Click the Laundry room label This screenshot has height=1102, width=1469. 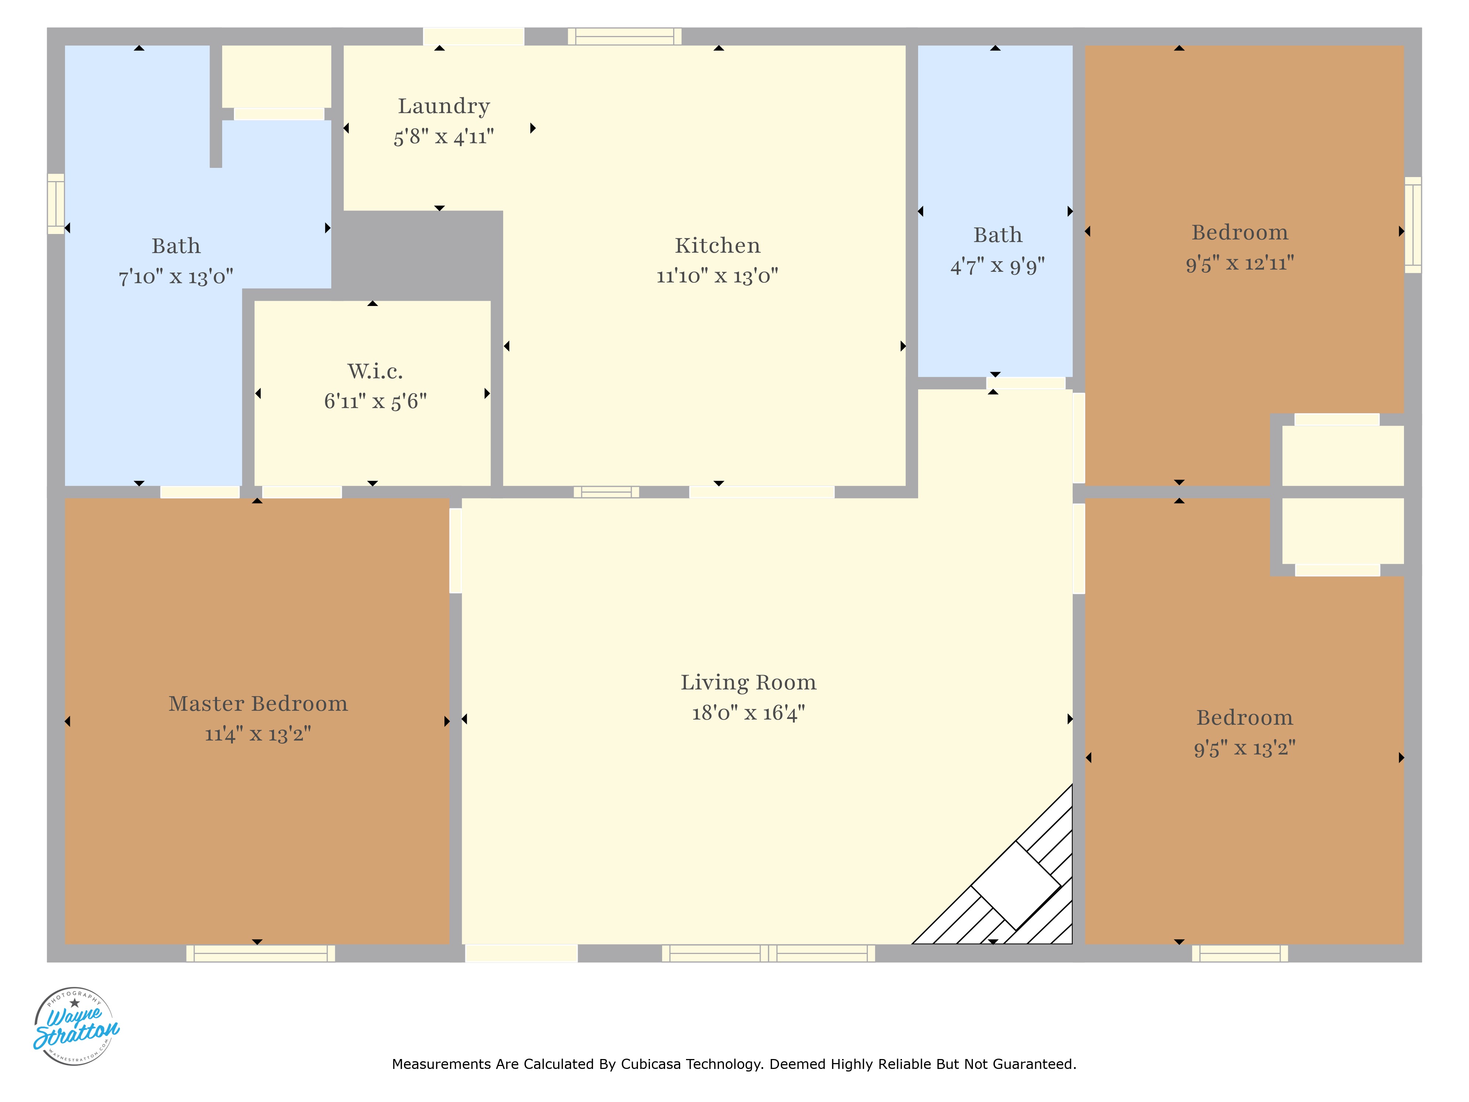click(444, 106)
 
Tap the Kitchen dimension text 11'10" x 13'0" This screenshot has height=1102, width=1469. click(717, 275)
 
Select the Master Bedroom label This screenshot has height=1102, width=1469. click(258, 703)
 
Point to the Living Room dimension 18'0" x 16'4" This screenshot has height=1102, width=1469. click(748, 713)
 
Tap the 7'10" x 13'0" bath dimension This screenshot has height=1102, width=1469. click(176, 276)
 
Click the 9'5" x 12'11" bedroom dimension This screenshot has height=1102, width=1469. click(1240, 263)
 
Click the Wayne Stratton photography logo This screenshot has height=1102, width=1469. click(76, 1026)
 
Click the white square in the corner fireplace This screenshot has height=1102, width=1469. click(1016, 885)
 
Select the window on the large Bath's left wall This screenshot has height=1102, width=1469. click(56, 204)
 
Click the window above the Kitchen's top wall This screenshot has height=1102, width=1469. click(624, 36)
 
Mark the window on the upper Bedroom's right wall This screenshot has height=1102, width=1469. click(1412, 225)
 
